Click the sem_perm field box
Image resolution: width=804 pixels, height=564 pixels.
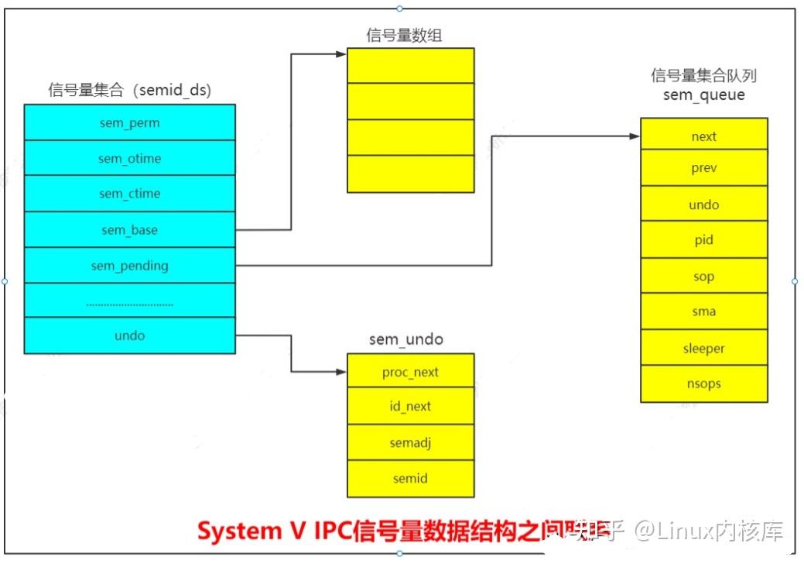click(x=129, y=122)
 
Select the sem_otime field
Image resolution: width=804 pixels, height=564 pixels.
click(x=129, y=158)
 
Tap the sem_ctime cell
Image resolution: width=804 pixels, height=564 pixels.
click(x=129, y=194)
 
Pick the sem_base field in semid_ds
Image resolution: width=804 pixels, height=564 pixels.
click(x=129, y=229)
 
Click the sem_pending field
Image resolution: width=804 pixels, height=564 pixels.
click(x=129, y=265)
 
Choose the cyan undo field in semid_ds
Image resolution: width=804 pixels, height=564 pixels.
click(x=129, y=335)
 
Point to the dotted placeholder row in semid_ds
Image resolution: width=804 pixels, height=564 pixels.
click(x=129, y=301)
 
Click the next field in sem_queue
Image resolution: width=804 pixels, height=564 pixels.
click(x=703, y=136)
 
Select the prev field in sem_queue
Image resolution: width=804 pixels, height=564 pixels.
click(x=703, y=168)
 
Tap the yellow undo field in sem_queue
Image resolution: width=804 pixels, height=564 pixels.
click(x=703, y=205)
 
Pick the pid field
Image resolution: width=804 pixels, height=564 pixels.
click(x=703, y=240)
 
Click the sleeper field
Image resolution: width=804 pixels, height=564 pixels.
click(x=703, y=348)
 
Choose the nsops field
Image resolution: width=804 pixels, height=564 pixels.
click(x=703, y=383)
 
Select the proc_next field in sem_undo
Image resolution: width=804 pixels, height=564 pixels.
click(x=410, y=372)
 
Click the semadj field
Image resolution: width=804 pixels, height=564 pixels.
click(x=410, y=442)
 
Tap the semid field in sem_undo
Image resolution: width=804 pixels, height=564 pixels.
click(x=410, y=478)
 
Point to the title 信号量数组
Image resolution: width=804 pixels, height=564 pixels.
click(x=404, y=35)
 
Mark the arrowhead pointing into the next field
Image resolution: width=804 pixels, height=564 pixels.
click(x=635, y=136)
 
